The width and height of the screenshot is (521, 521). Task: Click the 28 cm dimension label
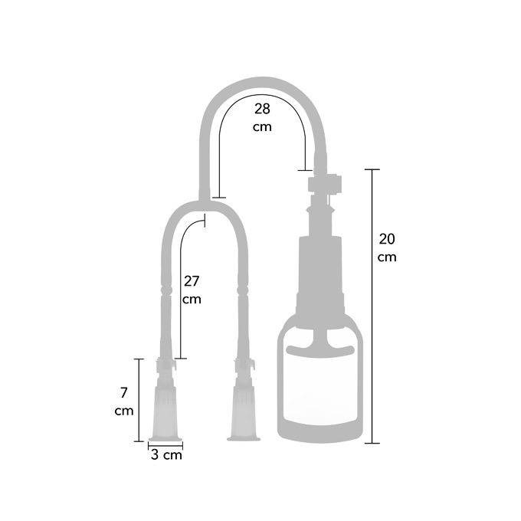pyautogui.click(x=262, y=118)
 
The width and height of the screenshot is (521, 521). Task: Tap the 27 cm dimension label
pyautogui.click(x=192, y=290)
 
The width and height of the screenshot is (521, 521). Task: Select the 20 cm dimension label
pyautogui.click(x=387, y=248)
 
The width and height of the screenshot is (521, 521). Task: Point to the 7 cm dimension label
pyautogui.click(x=124, y=401)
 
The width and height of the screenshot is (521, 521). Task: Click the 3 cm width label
pyautogui.click(x=166, y=454)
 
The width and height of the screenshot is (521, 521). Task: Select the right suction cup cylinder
pyautogui.click(x=244, y=414)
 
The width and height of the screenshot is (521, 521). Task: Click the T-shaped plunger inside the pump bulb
pyautogui.click(x=320, y=342)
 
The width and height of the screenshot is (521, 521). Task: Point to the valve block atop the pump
pyautogui.click(x=325, y=184)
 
